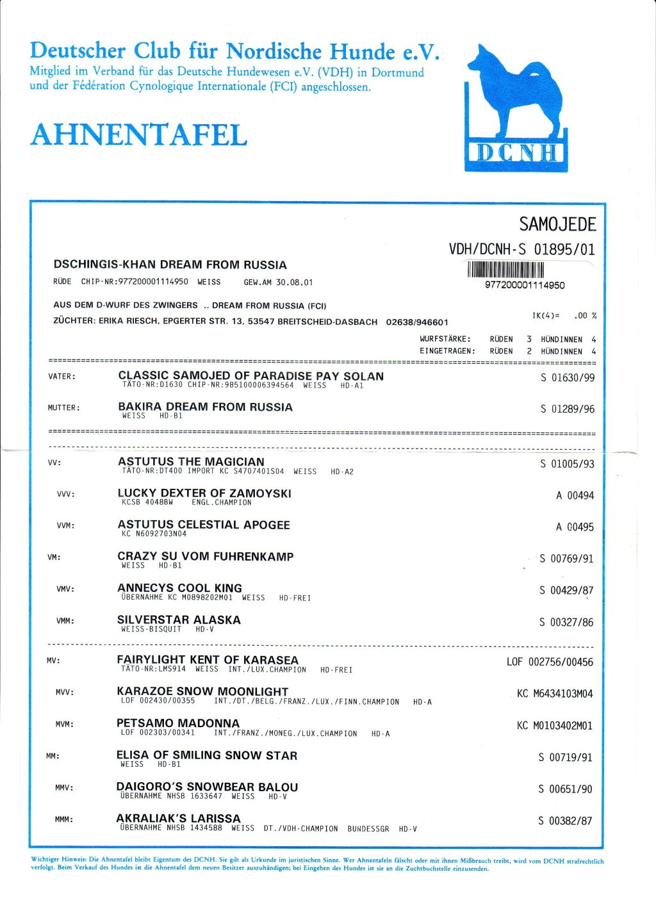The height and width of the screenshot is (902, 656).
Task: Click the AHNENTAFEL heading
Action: pyautogui.click(x=138, y=135)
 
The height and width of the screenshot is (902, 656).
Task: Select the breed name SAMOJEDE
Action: pyautogui.click(x=557, y=224)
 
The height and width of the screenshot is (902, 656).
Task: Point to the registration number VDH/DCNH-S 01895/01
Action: pyautogui.click(x=522, y=249)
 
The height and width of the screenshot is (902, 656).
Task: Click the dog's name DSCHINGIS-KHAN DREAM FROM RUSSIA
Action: pyautogui.click(x=170, y=265)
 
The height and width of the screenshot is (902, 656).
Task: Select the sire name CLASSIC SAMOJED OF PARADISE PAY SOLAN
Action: pyautogui.click(x=250, y=375)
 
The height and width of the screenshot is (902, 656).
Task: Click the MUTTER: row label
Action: pyautogui.click(x=63, y=407)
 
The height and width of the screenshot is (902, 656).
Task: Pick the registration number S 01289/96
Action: pyautogui.click(x=567, y=409)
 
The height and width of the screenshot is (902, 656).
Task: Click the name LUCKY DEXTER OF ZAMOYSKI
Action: pyautogui.click(x=204, y=493)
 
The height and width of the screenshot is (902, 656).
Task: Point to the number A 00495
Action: pyautogui.click(x=575, y=527)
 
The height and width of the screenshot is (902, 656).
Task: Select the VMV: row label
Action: pyautogui.click(x=65, y=589)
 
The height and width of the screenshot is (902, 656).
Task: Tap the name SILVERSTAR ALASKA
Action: pyautogui.click(x=179, y=619)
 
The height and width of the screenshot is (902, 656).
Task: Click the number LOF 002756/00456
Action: pyautogui.click(x=550, y=662)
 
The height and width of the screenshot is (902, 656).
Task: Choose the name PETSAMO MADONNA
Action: pyautogui.click(x=177, y=723)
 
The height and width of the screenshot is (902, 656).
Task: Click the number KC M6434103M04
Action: pyautogui.click(x=555, y=694)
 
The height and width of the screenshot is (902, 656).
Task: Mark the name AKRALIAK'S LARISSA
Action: pyautogui.click(x=178, y=818)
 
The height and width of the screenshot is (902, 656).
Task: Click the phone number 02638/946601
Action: pyautogui.click(x=417, y=322)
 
